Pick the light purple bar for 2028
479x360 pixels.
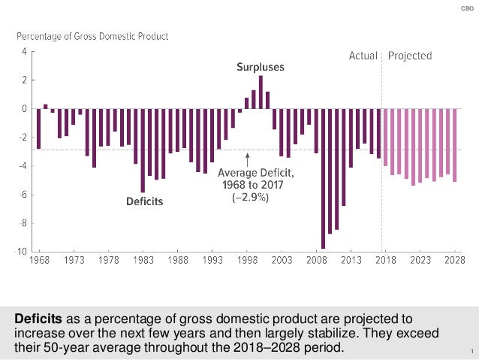click(x=455, y=145)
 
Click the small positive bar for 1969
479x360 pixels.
click(x=46, y=107)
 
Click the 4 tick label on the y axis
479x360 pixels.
click(x=24, y=52)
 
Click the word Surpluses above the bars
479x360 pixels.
click(x=261, y=67)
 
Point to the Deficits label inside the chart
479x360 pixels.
click(x=143, y=201)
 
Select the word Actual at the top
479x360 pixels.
click(x=363, y=56)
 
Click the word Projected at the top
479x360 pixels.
click(x=410, y=56)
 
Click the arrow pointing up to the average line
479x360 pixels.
click(x=247, y=159)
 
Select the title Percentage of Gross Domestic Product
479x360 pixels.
click(x=93, y=35)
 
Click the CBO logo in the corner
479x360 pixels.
click(x=465, y=8)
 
